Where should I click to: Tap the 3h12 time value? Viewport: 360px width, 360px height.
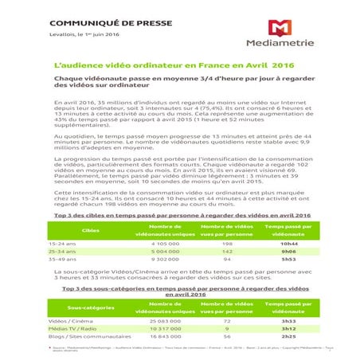coord(288,327)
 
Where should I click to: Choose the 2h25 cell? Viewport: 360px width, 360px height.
coord(288,336)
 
